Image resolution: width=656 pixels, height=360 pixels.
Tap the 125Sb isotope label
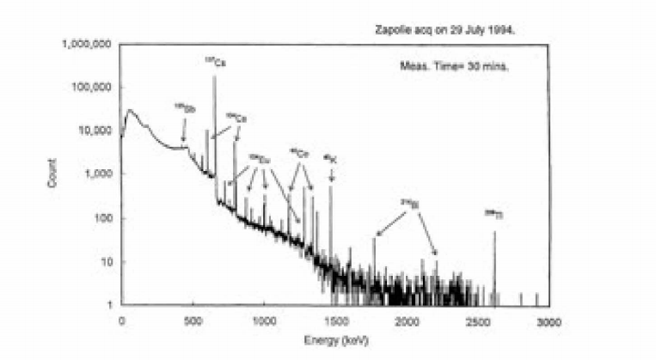[x=183, y=107]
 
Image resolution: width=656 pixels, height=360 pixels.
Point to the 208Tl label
[x=493, y=212]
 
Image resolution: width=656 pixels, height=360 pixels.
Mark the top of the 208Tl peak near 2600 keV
[x=494, y=232]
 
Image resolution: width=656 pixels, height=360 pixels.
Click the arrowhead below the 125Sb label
[x=183, y=141]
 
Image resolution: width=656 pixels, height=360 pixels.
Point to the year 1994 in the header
[x=501, y=28]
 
